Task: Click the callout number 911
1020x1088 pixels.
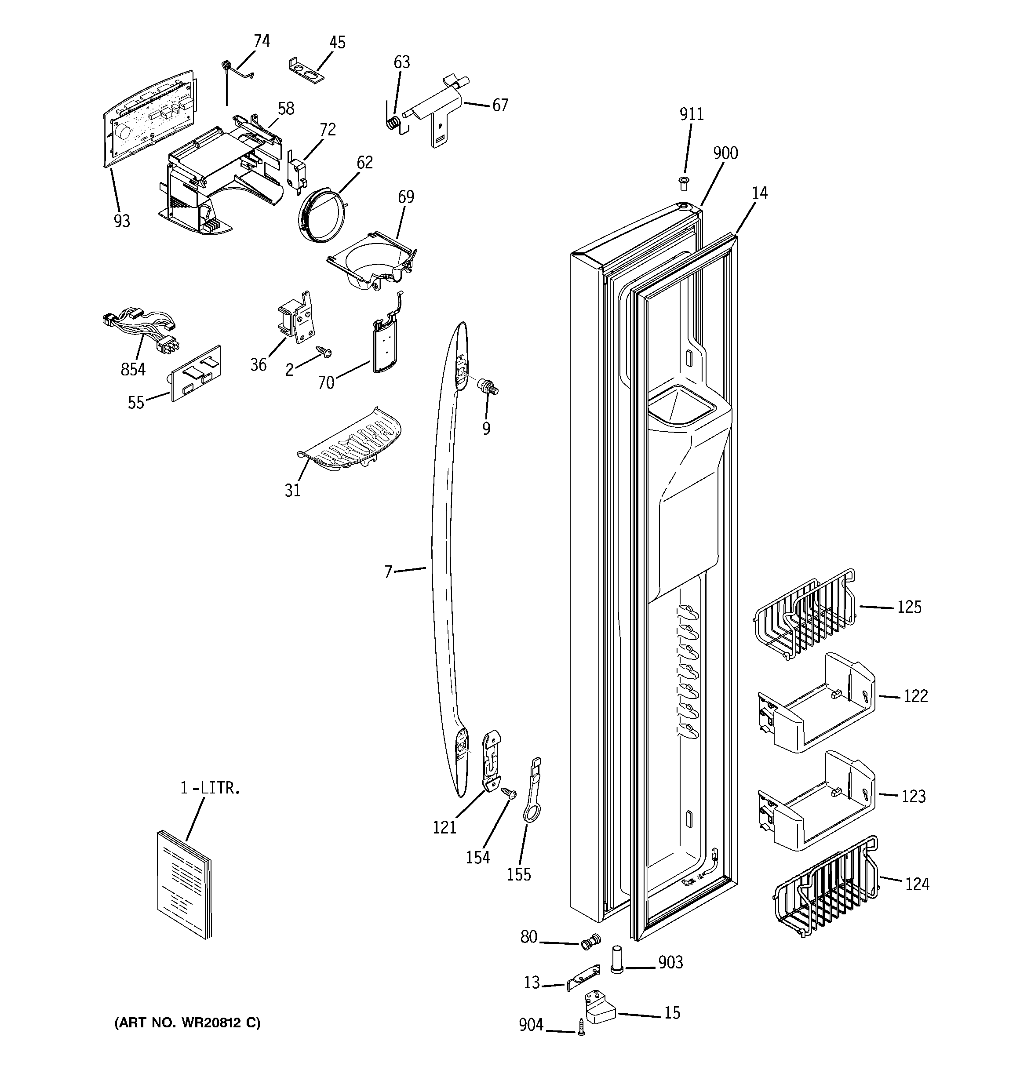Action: click(x=692, y=114)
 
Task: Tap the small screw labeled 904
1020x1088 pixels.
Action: click(x=581, y=1027)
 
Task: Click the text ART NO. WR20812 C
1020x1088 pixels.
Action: click(x=187, y=1023)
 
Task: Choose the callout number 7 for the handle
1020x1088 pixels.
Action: click(x=388, y=572)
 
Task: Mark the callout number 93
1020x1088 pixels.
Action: click(x=121, y=221)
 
